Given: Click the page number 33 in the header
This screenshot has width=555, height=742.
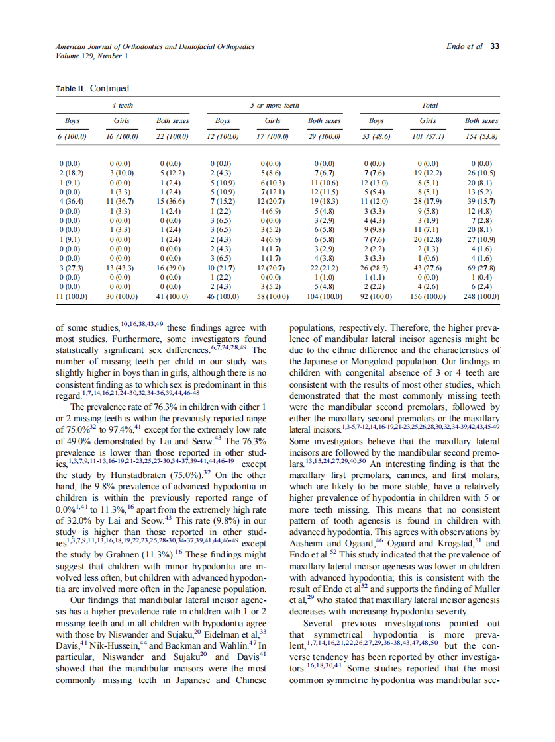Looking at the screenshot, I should (494, 47).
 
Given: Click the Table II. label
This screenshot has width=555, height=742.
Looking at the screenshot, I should (72, 89).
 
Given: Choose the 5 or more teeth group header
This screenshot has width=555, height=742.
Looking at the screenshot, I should (274, 105).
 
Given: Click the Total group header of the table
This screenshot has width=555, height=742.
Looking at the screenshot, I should (429, 105).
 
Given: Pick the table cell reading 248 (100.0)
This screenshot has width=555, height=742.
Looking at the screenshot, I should (481, 297).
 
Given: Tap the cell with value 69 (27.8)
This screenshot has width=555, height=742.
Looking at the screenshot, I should (481, 268).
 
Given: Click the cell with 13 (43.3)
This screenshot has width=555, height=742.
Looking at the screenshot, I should (121, 268).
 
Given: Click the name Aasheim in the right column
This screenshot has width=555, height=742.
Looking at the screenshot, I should (309, 542).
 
